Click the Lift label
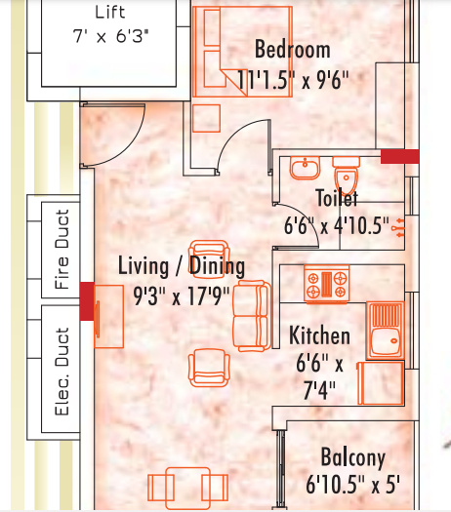pos(110,13)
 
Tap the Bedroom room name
pos(293,50)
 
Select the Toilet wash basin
pos(305,168)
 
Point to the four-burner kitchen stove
pos(326,284)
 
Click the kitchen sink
pos(386,331)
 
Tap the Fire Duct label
pos(62,250)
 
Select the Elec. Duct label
pos(62,372)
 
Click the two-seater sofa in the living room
pos(252,316)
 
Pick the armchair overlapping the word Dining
pos(209,259)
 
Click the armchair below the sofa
pos(209,368)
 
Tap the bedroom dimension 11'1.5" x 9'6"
pos(293,80)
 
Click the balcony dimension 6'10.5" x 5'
pos(353,485)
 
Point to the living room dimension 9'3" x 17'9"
pos(182,296)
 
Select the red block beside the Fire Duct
pos(87,301)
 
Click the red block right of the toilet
pos(400,156)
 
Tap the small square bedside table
pos(206,118)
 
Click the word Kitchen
pos(319,335)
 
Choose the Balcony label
pos(353,457)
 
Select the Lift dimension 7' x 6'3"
pos(110,36)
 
